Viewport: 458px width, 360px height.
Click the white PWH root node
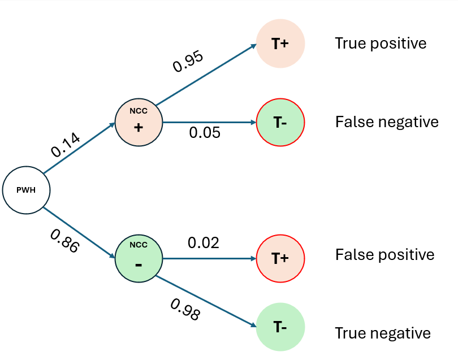tap(26, 190)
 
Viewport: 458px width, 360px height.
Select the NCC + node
tap(139, 122)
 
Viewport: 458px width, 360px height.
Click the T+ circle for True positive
tap(280, 44)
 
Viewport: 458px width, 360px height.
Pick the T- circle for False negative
tap(280, 122)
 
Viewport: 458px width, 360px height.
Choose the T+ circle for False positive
tap(280, 259)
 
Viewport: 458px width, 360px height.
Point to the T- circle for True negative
tap(280, 327)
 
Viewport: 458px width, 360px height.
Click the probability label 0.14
tap(66, 144)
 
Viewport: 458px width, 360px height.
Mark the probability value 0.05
tap(205, 133)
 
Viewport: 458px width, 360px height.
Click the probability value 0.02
tap(204, 243)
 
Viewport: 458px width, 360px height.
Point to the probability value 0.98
tap(185, 309)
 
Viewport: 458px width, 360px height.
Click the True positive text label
tap(381, 44)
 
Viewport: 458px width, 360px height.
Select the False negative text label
tap(387, 122)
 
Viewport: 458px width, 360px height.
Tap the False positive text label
tap(385, 254)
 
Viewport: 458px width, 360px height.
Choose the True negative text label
tap(383, 333)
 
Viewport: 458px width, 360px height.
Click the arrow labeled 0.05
tap(209, 122)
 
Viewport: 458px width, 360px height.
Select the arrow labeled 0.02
tap(209, 259)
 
